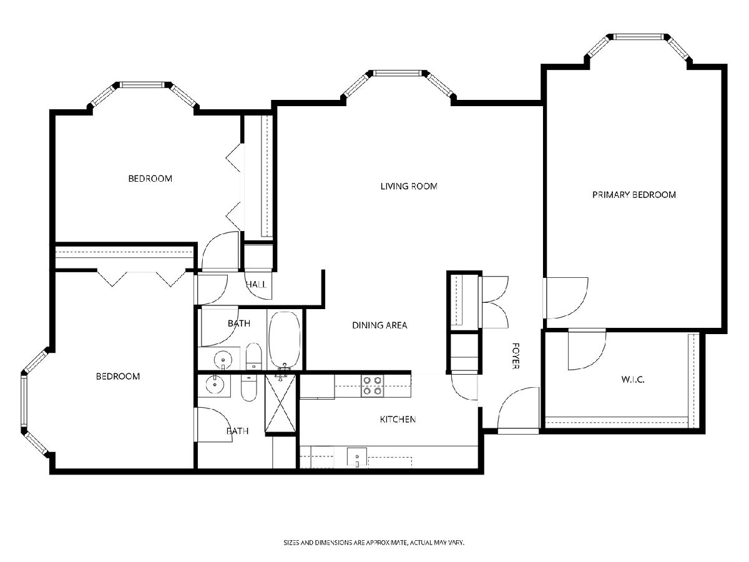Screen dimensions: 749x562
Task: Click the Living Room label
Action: tap(409, 186)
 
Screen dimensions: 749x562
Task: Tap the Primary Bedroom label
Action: tap(634, 195)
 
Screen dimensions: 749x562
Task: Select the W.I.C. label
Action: tap(633, 380)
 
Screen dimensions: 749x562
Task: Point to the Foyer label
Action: tap(516, 356)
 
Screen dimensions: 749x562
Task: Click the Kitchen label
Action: tap(398, 420)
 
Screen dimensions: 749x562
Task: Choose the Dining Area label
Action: tap(379, 325)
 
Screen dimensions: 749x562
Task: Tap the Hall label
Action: tap(257, 284)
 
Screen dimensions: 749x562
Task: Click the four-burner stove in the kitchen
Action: tap(372, 385)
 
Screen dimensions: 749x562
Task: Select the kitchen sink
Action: tap(357, 457)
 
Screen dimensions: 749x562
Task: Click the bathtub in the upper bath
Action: tap(285, 340)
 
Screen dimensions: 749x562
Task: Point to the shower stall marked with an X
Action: tap(280, 403)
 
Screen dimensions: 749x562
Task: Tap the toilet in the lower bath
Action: tap(249, 388)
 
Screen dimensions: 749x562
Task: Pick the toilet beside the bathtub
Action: tap(253, 356)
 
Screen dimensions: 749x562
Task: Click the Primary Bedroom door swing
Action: tap(566, 298)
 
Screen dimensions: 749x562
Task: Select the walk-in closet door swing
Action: tap(587, 350)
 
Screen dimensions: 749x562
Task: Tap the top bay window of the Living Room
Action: tap(396, 73)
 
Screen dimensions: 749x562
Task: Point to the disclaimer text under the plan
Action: tap(374, 542)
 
